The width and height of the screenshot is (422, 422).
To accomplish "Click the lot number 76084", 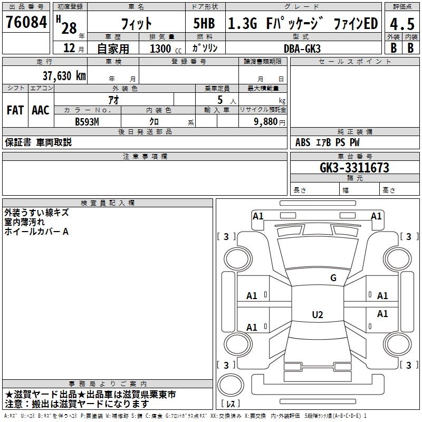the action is point(26,22).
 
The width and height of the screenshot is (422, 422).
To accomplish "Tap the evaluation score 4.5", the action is point(401,24).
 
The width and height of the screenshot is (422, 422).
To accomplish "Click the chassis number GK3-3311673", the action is point(354,168).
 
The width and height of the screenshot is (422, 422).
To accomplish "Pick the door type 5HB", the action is point(204,24).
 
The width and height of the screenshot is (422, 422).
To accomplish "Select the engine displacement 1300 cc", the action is point(164,49).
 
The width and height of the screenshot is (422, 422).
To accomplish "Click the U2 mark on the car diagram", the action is point(317,315).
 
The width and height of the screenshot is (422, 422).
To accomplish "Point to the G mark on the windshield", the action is point(333,277).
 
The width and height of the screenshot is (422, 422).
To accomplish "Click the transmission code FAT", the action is point(15,110).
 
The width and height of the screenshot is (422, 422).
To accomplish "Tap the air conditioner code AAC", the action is point(40,110).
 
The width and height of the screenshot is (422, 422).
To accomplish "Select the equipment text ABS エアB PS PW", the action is point(328,142).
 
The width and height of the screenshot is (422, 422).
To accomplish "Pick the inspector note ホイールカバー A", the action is point(36,231).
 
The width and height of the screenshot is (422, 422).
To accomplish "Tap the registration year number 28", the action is point(69,28).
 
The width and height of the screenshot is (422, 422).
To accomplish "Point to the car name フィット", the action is point(137,24).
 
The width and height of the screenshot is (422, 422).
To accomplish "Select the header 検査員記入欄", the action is point(108,203).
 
